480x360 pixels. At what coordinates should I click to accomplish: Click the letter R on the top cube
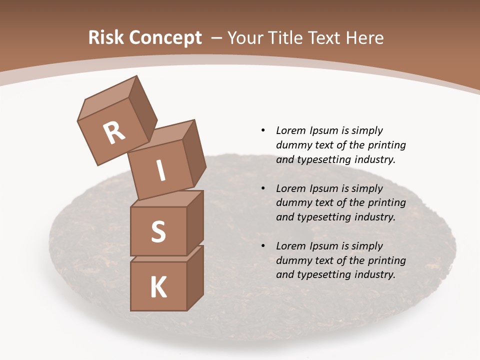(x=114, y=133)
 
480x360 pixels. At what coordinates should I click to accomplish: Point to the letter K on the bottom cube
(x=158, y=287)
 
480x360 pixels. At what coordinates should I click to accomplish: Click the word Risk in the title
(x=106, y=38)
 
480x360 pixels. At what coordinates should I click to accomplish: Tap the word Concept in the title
(x=165, y=38)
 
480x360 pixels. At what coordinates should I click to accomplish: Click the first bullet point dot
(x=263, y=131)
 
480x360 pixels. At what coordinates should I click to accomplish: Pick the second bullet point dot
(x=263, y=189)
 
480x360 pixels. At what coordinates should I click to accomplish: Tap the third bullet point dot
(x=263, y=246)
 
